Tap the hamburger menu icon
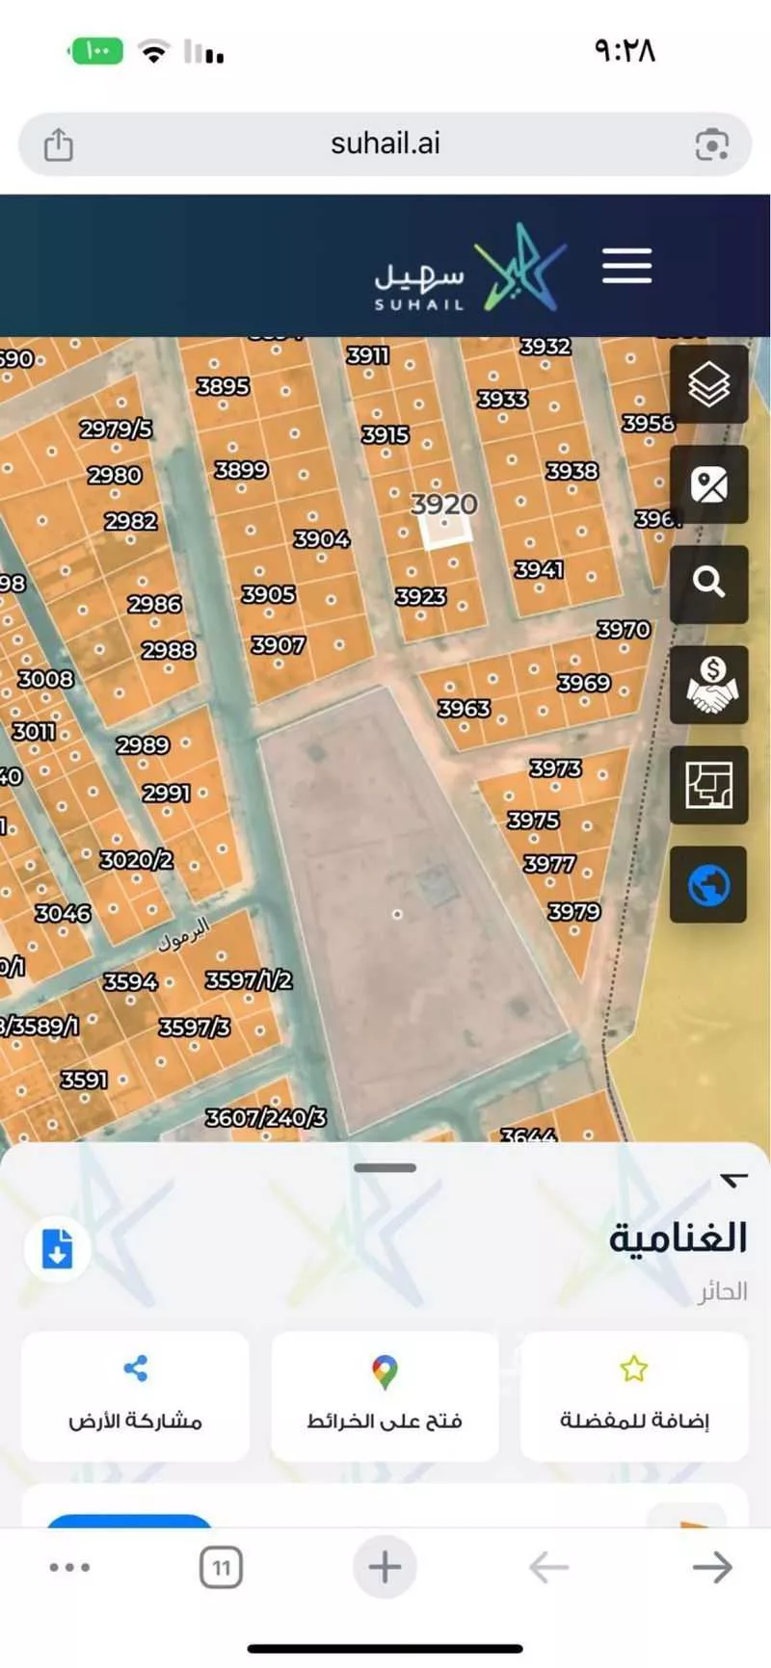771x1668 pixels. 626,266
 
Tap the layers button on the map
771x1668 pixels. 708,384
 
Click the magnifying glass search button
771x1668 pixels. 708,583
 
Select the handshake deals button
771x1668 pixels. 708,684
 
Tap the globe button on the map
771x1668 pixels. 708,885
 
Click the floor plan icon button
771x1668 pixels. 708,784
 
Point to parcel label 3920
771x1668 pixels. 443,504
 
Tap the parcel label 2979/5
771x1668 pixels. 116,429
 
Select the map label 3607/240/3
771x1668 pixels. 265,1117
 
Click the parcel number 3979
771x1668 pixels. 573,911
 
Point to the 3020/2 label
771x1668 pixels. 136,859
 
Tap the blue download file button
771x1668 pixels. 58,1249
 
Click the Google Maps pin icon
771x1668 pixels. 385,1371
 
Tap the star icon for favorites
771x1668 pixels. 633,1368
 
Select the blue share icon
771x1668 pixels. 136,1368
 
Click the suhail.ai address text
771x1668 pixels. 385,143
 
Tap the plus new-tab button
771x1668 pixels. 385,1567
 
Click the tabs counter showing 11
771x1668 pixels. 221,1568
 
